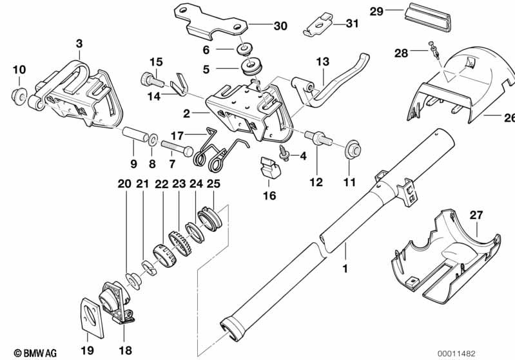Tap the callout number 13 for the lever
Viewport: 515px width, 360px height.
(322, 62)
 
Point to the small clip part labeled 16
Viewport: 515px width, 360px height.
(270, 169)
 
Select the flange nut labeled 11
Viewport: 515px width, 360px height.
(351, 149)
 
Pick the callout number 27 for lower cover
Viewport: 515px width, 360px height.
(475, 216)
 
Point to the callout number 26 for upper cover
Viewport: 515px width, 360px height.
(509, 118)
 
